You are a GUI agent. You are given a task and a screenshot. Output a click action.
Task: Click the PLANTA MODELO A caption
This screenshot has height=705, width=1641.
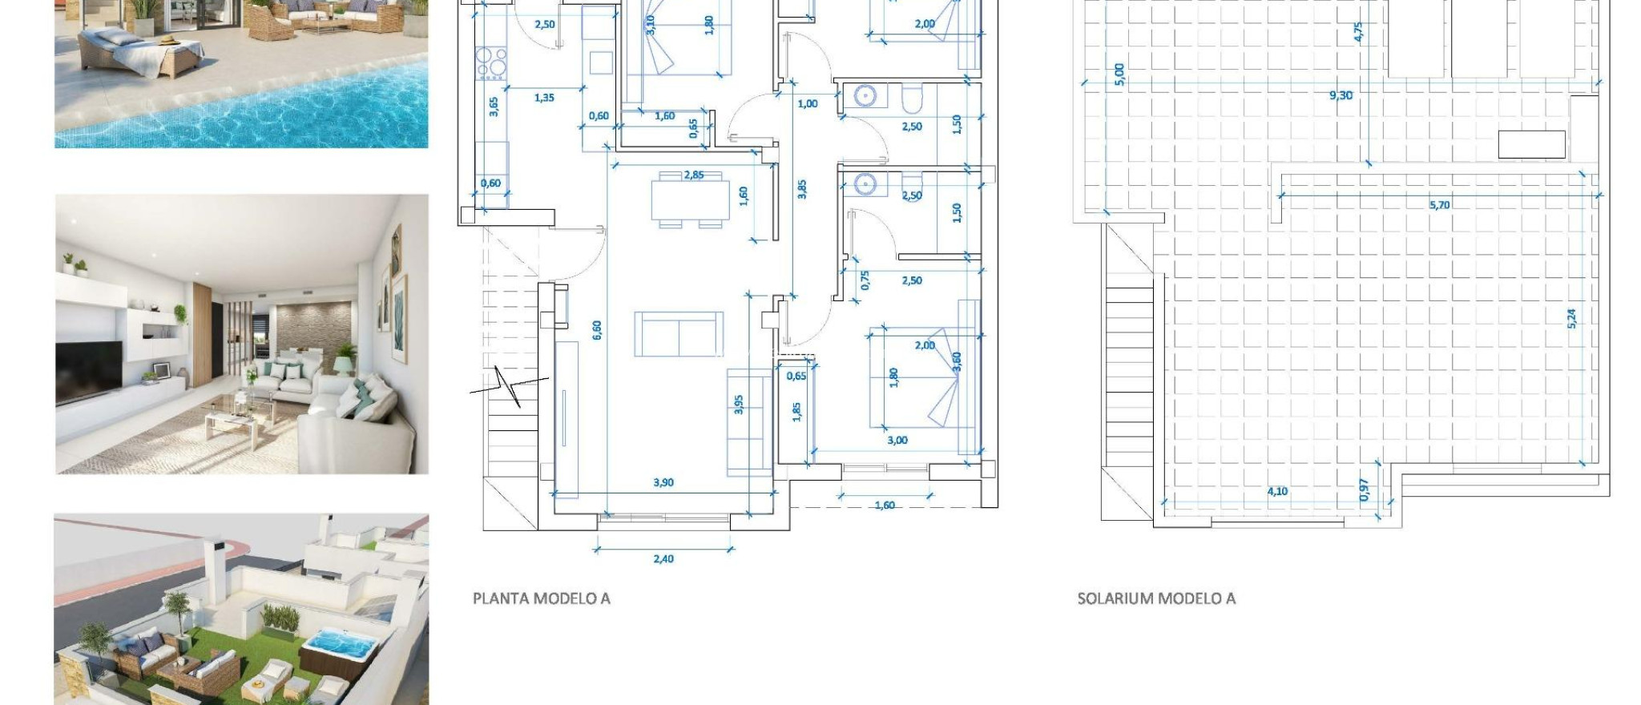pos(542,598)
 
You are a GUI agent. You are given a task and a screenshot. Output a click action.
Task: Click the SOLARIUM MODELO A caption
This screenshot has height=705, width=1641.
pos(1156,598)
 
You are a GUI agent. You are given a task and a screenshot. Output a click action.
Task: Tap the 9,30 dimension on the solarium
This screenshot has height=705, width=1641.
pos(1341,95)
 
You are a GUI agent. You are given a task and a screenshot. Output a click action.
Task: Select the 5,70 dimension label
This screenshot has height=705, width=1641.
pos(1439,205)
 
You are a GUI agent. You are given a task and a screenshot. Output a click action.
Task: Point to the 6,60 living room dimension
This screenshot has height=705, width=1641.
pos(597,329)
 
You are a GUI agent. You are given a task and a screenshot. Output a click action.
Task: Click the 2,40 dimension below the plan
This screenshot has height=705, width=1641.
pos(663,559)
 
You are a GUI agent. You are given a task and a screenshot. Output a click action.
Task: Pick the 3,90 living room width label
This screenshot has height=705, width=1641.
pos(663,482)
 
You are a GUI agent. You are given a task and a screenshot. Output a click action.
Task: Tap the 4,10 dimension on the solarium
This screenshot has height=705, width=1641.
pos(1277,491)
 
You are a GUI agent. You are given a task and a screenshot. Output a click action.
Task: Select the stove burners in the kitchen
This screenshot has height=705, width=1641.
pos(491,62)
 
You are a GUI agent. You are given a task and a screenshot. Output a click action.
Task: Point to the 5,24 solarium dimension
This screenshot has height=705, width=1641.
pos(1571,318)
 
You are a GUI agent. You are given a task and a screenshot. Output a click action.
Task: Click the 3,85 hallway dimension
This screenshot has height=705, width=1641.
pos(802,189)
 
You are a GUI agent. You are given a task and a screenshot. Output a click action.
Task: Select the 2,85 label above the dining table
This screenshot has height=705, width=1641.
pos(694,175)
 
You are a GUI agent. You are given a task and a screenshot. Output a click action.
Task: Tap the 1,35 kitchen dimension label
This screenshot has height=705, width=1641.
pos(544,98)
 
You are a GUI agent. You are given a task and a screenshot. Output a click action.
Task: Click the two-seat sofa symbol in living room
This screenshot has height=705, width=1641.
pos(679,334)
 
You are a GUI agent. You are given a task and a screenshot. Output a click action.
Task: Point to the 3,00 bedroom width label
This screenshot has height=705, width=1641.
pos(897,440)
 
